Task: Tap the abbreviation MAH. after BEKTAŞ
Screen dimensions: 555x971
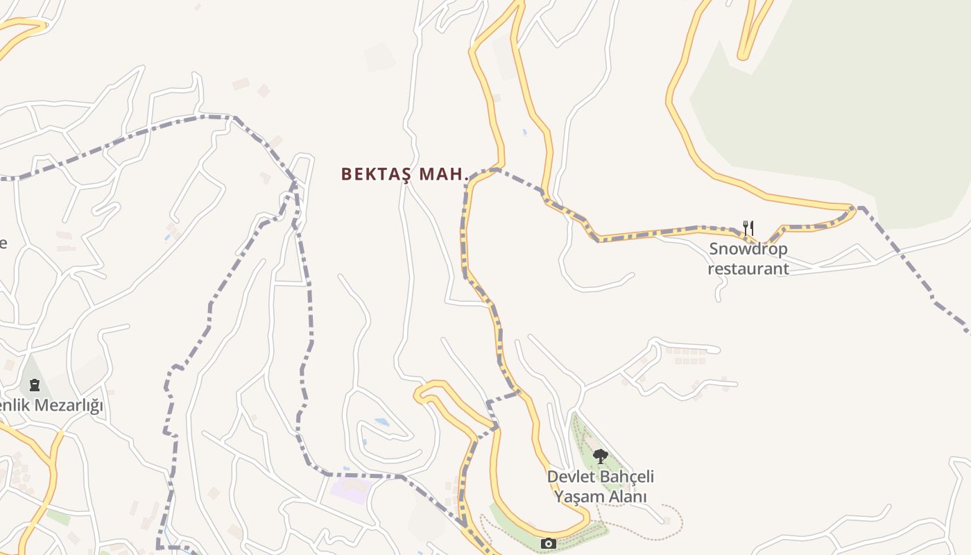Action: coord(445,175)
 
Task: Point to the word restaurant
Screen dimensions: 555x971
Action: coord(748,268)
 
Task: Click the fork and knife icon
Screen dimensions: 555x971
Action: coord(748,228)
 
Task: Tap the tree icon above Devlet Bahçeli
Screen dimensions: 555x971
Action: coord(600,456)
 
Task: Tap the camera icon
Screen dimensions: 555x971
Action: coord(548,543)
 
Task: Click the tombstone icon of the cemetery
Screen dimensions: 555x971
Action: coord(35,384)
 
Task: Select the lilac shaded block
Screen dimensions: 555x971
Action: coord(350,488)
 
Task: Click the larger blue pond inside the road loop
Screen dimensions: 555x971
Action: coord(381,422)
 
